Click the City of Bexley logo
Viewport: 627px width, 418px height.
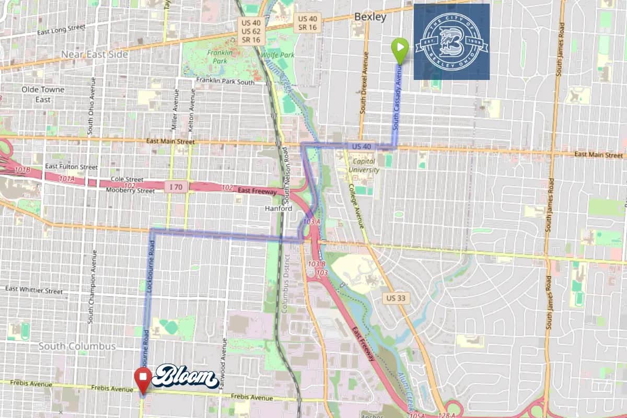[x=451, y=42]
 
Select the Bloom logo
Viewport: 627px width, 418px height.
[x=185, y=377]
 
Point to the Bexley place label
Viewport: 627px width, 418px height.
[x=370, y=17]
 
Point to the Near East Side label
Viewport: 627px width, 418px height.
[x=95, y=54]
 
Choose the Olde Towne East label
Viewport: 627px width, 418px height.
[x=43, y=94]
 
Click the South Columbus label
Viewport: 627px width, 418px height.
[x=77, y=346]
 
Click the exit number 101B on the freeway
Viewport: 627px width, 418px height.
[x=22, y=171]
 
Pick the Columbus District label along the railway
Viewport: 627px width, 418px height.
[x=285, y=283]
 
